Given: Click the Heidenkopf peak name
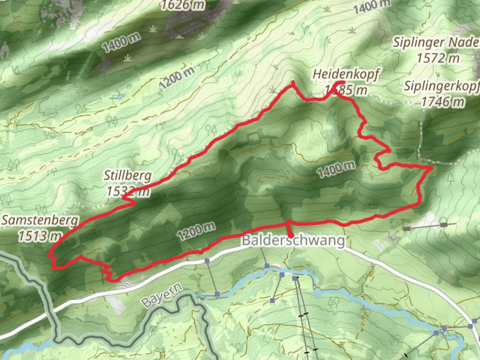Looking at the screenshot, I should point(345,75).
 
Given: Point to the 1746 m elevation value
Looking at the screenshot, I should point(443,101).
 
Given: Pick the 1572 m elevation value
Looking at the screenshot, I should point(438,58).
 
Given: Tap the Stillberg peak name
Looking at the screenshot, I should point(127,176).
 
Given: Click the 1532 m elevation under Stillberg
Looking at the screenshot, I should point(128,191).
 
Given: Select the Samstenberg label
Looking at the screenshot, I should point(40,220).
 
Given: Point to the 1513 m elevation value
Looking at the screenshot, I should point(39,236).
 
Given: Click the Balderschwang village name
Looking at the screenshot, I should point(293,241).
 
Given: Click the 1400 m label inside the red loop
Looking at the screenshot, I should point(336,168).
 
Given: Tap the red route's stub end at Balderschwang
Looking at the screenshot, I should point(291,236).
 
